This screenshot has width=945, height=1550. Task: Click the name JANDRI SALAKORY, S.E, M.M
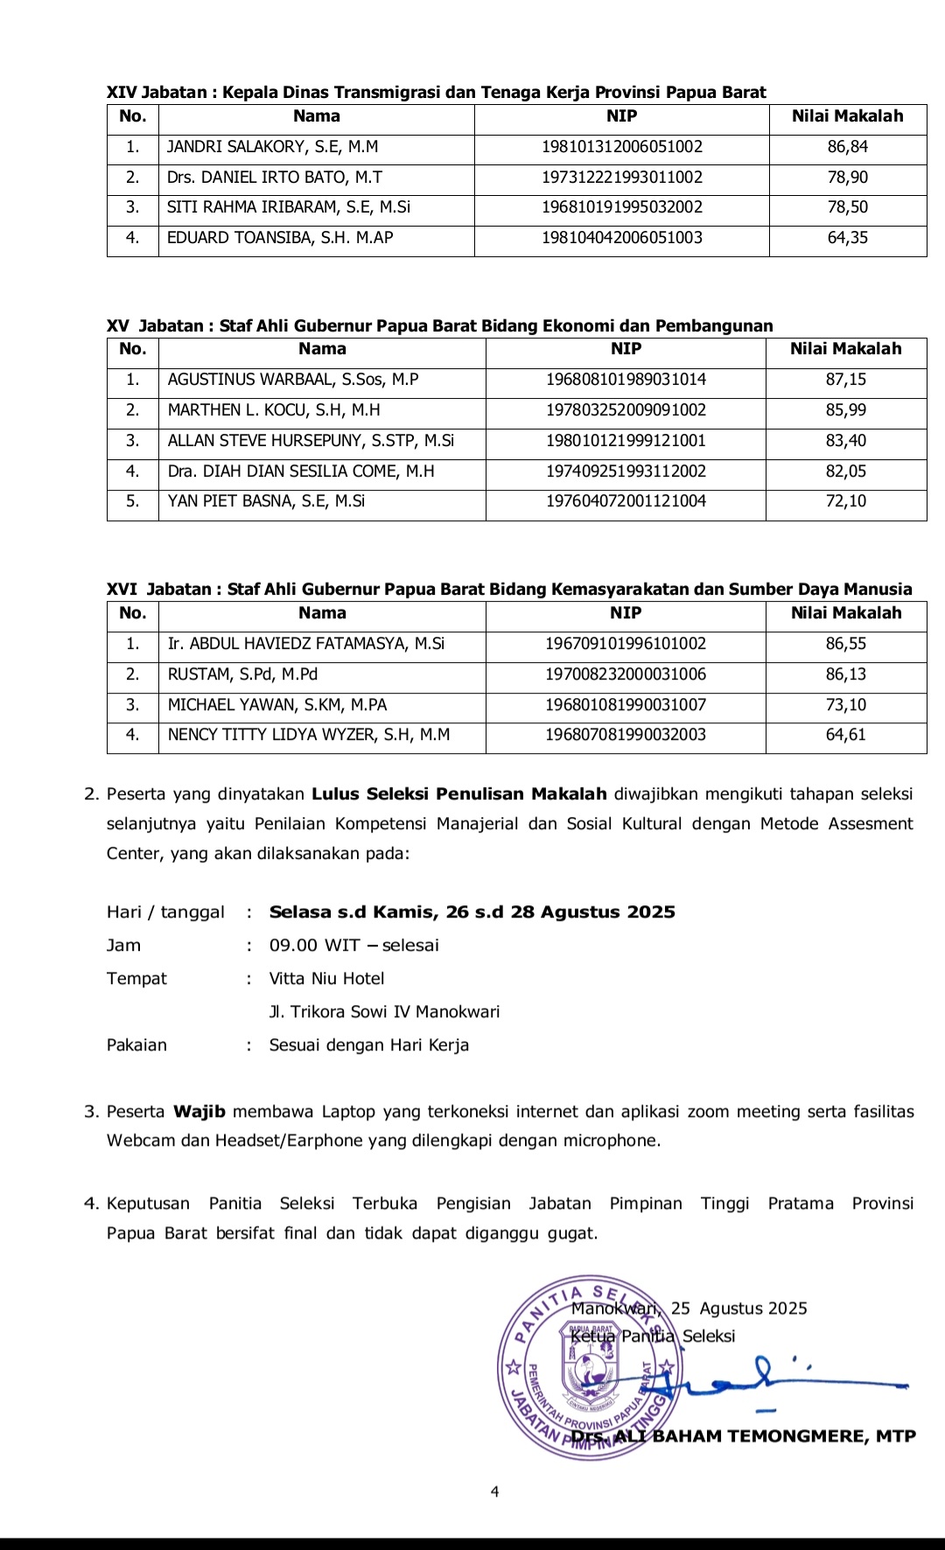click(x=272, y=147)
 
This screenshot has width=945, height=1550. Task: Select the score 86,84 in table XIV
click(x=847, y=147)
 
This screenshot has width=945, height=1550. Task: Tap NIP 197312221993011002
click(x=621, y=178)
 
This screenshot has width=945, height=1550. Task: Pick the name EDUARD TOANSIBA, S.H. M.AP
click(x=280, y=238)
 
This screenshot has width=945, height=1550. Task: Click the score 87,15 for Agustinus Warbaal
click(x=845, y=380)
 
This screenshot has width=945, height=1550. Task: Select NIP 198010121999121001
click(x=626, y=441)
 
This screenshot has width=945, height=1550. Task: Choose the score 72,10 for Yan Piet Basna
click(x=845, y=501)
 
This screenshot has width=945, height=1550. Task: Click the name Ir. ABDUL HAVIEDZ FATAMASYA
click(x=305, y=644)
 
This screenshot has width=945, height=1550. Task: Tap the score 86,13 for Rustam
click(x=845, y=674)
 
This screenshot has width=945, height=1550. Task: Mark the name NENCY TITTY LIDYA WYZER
click(x=308, y=735)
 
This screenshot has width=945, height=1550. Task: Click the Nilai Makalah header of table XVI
click(x=845, y=613)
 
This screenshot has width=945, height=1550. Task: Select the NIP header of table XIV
click(x=621, y=116)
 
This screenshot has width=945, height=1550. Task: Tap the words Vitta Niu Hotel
click(x=326, y=979)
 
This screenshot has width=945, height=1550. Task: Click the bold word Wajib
click(x=199, y=1112)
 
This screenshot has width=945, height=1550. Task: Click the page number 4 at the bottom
click(x=495, y=1492)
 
